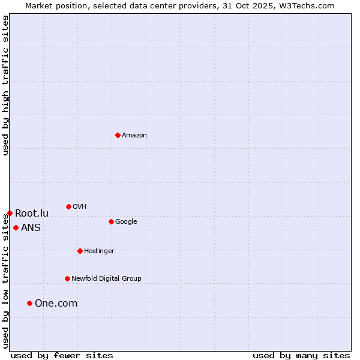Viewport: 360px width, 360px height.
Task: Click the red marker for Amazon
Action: (x=118, y=135)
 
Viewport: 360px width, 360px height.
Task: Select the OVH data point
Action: (x=68, y=206)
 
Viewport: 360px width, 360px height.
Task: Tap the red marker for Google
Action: (x=111, y=221)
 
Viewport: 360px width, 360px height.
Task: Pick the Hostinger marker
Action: (x=80, y=251)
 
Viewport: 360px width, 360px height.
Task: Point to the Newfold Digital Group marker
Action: (x=67, y=278)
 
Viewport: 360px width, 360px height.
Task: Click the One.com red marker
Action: (x=29, y=303)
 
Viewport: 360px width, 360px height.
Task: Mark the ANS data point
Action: (x=16, y=227)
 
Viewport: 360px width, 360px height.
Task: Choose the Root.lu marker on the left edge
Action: (x=10, y=213)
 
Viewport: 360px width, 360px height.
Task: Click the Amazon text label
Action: (x=134, y=136)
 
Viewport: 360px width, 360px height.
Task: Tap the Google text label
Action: (x=126, y=222)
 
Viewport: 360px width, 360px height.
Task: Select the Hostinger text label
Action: (x=99, y=251)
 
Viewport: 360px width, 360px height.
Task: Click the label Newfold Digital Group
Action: (x=106, y=279)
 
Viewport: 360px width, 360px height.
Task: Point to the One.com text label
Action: (x=56, y=304)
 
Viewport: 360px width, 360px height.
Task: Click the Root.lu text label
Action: (x=32, y=214)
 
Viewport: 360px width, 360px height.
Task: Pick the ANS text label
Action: (x=31, y=228)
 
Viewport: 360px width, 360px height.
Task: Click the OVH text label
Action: (x=80, y=207)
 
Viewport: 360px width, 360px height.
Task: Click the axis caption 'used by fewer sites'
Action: (x=62, y=355)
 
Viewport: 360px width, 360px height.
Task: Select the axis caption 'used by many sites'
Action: (x=301, y=355)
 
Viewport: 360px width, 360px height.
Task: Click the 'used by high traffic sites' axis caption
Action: (x=5, y=85)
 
